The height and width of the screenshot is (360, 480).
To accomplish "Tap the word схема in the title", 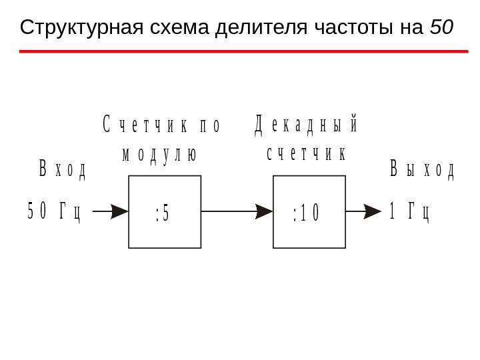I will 175,28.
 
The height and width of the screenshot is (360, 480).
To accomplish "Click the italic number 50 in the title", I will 441,28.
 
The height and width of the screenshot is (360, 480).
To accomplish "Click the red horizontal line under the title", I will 243,51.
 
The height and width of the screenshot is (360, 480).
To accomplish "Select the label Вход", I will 62,169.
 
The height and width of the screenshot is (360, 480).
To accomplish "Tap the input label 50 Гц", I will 54,211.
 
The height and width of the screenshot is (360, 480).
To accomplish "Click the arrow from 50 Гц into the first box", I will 110,211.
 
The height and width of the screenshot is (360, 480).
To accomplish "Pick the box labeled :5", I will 165,212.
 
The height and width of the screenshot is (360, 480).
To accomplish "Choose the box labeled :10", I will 309,212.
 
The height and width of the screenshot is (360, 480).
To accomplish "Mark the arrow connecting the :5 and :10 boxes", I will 237,211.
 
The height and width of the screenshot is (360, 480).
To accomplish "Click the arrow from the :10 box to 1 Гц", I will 363,211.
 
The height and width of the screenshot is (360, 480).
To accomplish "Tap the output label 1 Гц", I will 409,211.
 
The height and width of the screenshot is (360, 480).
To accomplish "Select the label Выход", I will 422,169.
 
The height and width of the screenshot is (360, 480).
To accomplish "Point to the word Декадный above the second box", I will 307,125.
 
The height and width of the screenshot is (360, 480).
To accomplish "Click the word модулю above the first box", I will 159,154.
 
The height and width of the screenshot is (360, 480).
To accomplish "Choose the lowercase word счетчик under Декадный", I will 306,154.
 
